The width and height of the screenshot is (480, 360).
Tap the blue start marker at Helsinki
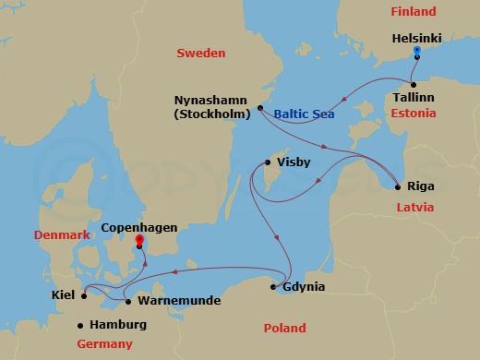[417, 52]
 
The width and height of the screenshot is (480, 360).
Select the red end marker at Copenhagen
[139, 241]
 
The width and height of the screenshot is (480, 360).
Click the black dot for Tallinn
[414, 79]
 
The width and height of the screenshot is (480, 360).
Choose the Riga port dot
[397, 185]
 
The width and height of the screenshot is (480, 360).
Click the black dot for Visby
[268, 163]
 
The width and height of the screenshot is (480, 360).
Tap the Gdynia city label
[305, 287]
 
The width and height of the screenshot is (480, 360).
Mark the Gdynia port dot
[274, 287]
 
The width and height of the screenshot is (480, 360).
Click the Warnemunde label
[172, 301]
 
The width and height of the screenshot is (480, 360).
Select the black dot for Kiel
[83, 296]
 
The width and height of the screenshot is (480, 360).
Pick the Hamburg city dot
[81, 325]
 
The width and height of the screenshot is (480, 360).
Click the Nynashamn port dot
[261, 108]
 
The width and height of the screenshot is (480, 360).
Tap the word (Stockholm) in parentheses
[212, 115]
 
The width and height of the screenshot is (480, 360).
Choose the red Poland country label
[284, 328]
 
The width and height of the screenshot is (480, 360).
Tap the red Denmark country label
[62, 235]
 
